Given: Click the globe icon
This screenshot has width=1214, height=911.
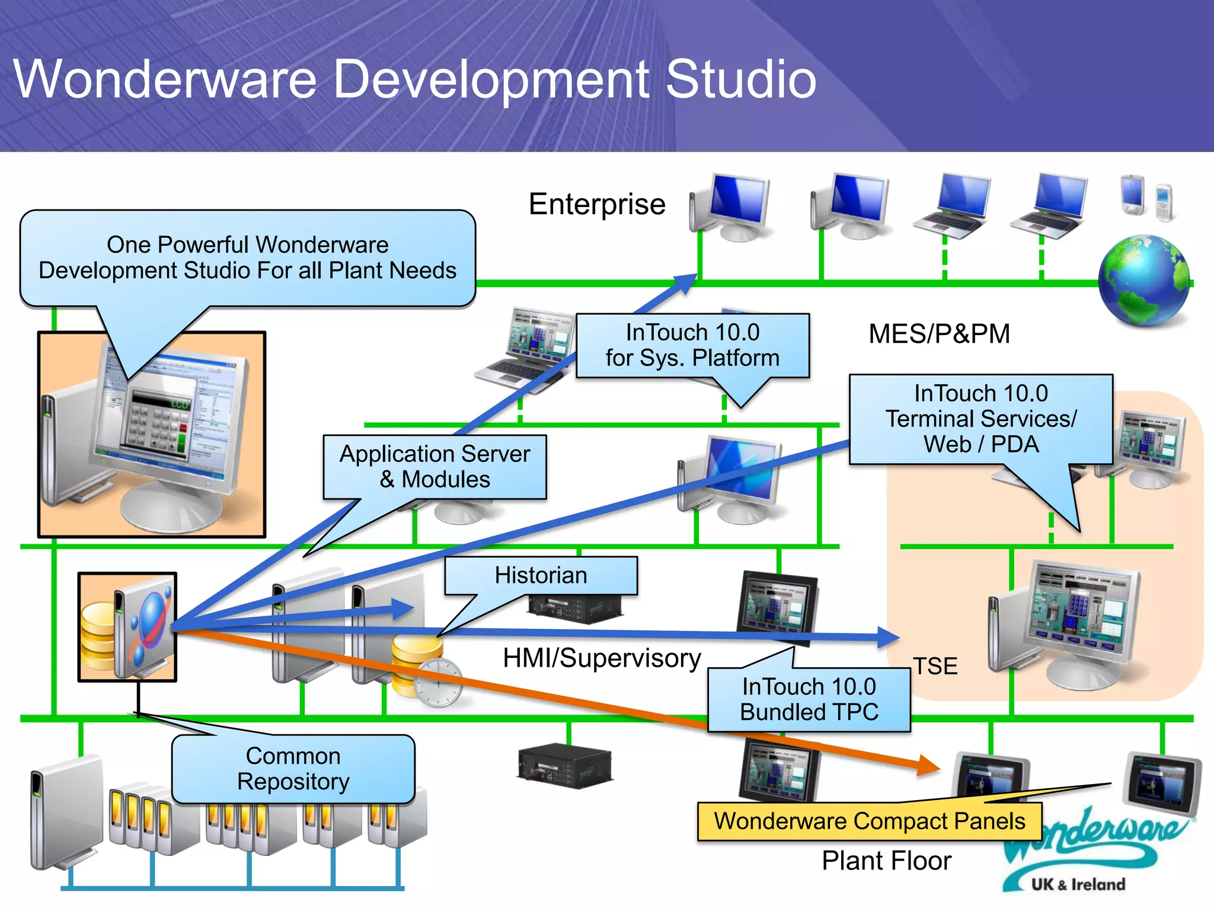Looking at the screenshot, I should pos(1143,281).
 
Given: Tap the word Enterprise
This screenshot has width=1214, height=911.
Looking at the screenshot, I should pos(597,205).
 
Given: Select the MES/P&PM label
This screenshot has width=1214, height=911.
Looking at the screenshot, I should pos(939,334).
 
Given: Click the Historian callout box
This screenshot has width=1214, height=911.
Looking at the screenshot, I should pos(541,576).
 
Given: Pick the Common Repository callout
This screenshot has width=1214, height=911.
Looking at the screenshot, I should pos(293,769).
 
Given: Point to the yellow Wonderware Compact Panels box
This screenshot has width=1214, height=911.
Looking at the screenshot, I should pos(869,821).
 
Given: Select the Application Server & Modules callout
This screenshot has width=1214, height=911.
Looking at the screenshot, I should pos(435,467).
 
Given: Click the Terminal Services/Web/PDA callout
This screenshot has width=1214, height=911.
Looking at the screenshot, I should pos(980,419).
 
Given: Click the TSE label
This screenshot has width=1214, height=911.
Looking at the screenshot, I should pos(935,666).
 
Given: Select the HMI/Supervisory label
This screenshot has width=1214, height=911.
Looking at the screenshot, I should pos(602,658).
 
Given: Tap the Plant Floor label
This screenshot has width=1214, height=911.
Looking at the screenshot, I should pos(886,861).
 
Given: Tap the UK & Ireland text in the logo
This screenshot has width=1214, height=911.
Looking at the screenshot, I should pos(1078,884).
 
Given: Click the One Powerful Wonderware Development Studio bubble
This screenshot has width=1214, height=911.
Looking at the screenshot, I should pos(248,258).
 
